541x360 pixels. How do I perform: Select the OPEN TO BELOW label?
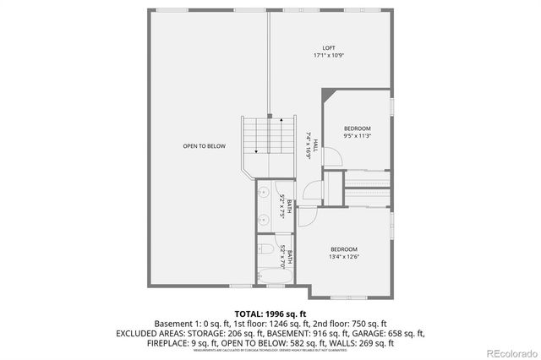click(205, 146)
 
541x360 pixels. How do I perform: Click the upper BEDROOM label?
click(357, 128)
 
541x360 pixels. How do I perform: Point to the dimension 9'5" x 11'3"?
click(357, 136)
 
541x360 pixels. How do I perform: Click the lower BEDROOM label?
click(343, 248)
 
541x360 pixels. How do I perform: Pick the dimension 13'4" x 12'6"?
click(343, 256)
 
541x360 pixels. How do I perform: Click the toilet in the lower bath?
click(265, 250)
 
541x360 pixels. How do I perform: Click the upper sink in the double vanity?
click(263, 192)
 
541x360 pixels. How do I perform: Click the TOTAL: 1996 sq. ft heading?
click(270, 312)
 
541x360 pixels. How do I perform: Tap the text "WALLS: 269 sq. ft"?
click(359, 344)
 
